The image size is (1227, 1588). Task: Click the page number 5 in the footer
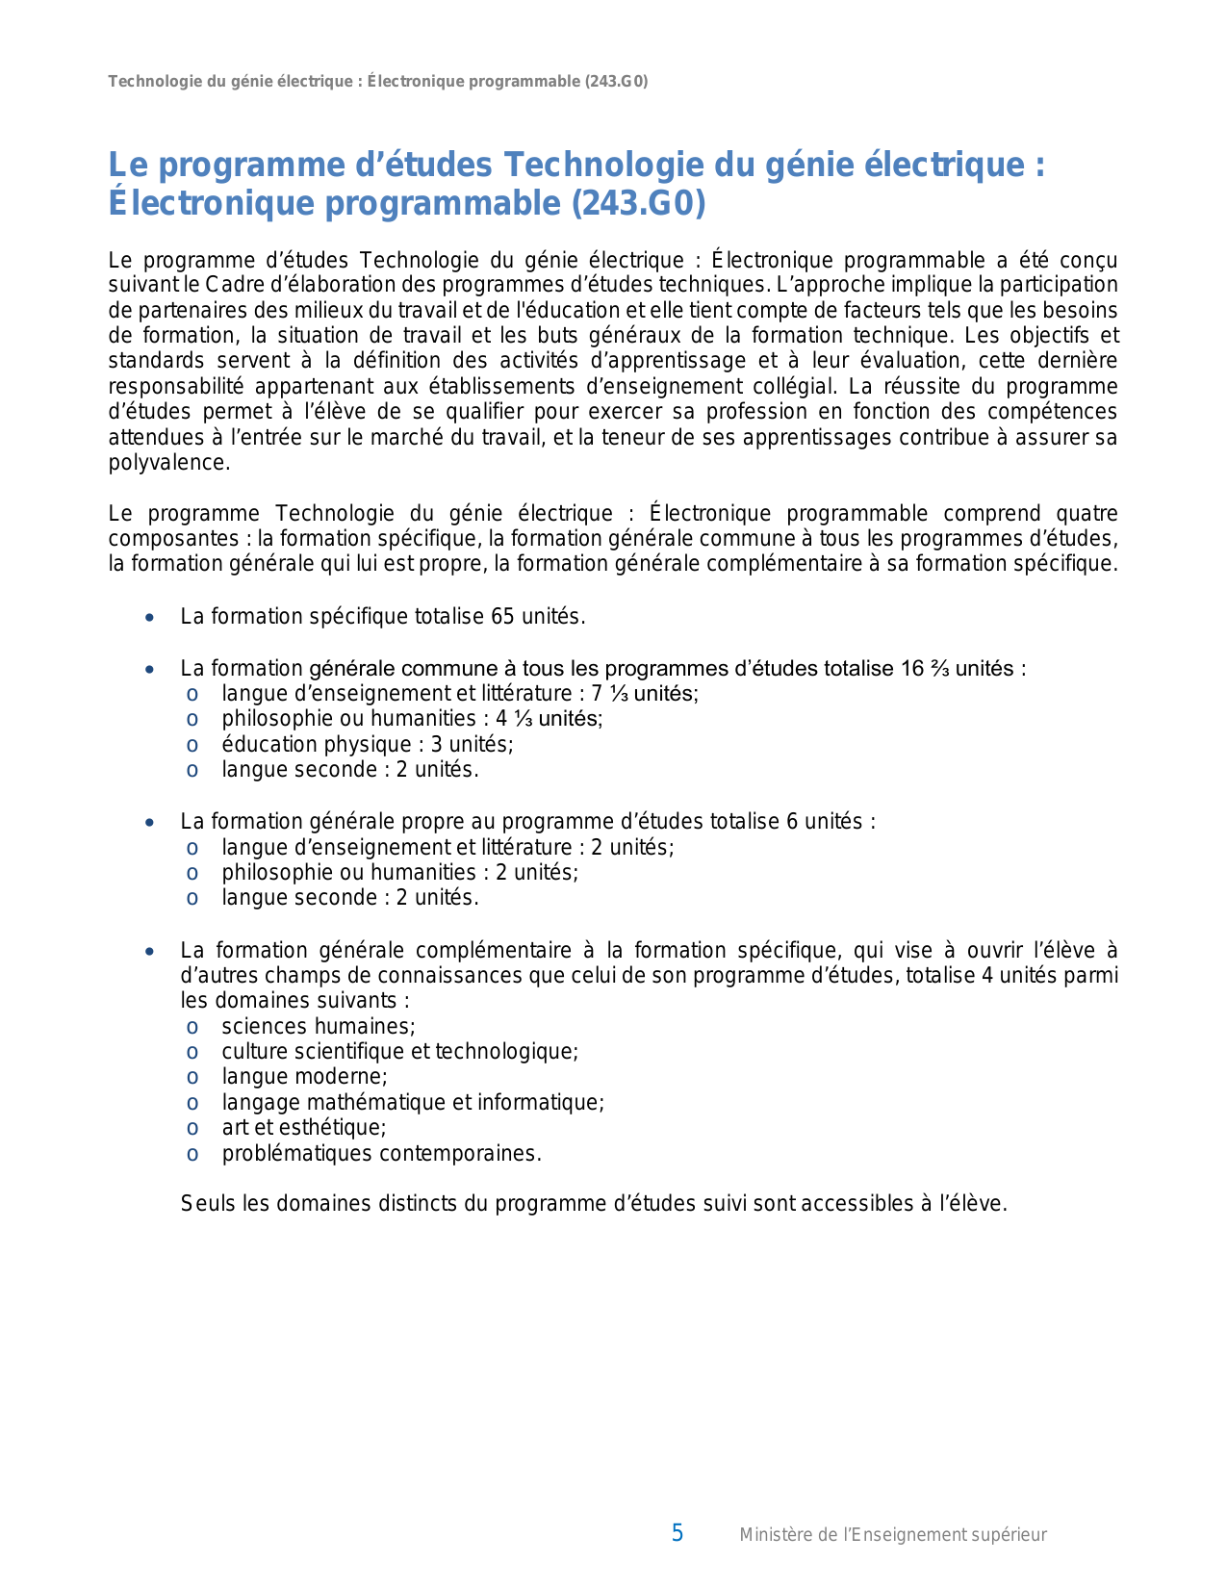tap(677, 1533)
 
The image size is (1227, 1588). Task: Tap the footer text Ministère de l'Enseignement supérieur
tap(892, 1535)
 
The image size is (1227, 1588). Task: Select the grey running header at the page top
tap(377, 82)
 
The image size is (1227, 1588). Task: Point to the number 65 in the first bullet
tap(502, 617)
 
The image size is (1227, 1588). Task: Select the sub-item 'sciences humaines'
tap(318, 1026)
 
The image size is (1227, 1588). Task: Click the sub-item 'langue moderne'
tap(304, 1077)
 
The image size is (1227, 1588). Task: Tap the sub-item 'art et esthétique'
tap(303, 1128)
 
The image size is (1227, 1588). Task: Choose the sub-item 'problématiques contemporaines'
tap(381, 1153)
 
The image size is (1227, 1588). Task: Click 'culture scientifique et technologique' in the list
tap(399, 1051)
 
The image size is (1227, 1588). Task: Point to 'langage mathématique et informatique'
tap(412, 1102)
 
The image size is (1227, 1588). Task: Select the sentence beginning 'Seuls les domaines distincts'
tap(593, 1204)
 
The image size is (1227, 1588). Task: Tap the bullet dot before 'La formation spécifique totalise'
tap(149, 618)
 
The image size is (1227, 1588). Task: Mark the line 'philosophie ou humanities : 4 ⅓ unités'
tap(412, 719)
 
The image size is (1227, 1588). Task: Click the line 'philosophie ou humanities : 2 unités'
tap(399, 873)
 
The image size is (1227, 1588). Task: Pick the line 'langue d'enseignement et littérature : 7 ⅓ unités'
tap(459, 694)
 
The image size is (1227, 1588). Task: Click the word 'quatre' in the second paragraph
tap(1086, 514)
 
